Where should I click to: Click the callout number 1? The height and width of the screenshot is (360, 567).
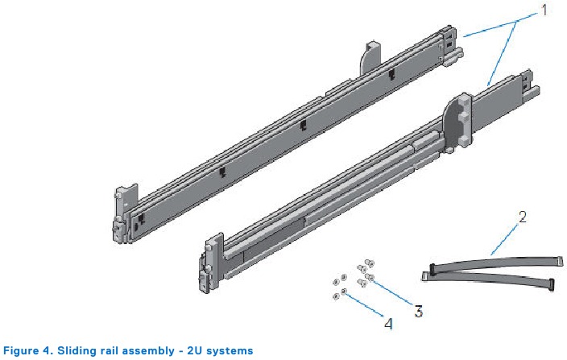pyautogui.click(x=544, y=10)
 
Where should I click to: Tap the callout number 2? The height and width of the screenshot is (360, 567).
pyautogui.click(x=522, y=217)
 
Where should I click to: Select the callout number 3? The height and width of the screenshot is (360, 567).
pyautogui.click(x=418, y=311)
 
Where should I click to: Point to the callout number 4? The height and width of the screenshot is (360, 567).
pyautogui.click(x=388, y=324)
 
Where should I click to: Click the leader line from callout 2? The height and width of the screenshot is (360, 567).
pyautogui.click(x=504, y=240)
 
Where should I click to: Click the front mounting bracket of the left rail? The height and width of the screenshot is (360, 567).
pyautogui.click(x=123, y=213)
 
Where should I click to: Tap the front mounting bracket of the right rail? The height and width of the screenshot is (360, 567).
pyautogui.click(x=210, y=263)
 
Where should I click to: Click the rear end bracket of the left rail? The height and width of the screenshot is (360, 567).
pyautogui.click(x=449, y=45)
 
